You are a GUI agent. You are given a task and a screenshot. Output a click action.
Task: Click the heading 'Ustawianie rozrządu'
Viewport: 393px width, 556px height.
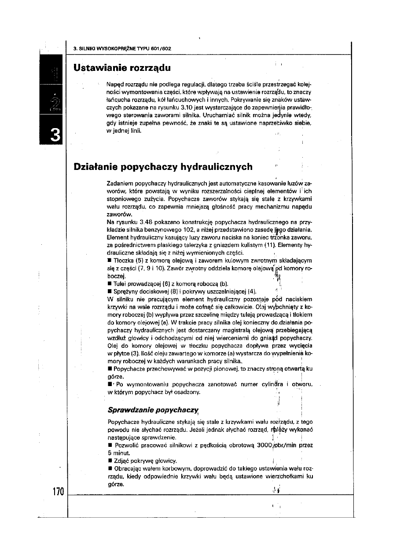point(122,69)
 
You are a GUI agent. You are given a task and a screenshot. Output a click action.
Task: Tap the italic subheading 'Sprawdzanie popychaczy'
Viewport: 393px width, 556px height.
point(152,409)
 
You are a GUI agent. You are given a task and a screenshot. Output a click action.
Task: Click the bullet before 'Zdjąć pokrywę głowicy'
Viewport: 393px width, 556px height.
point(110,461)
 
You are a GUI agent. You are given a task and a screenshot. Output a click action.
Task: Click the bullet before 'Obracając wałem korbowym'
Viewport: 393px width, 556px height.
point(110,468)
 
